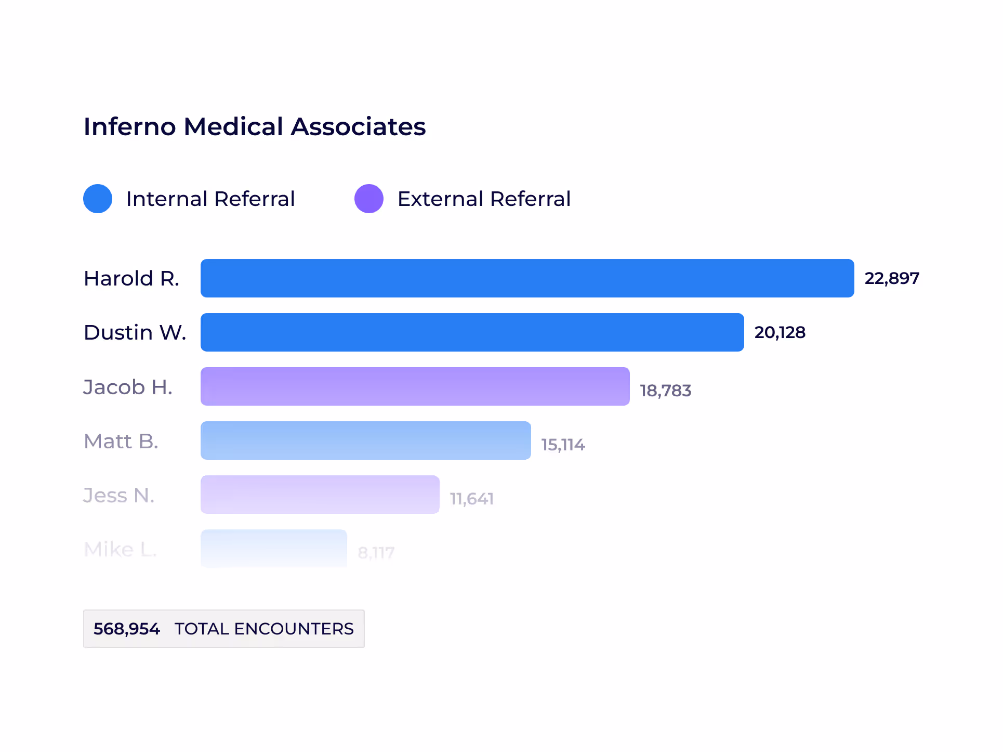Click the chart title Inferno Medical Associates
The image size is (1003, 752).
[255, 127]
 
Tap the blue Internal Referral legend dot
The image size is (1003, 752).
[98, 199]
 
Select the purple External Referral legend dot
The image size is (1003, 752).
[369, 199]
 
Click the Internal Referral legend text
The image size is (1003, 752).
[210, 199]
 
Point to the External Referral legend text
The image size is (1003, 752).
[484, 199]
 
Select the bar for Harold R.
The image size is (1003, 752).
[527, 278]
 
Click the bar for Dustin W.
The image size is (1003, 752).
[472, 332]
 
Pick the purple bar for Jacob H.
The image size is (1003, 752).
[415, 386]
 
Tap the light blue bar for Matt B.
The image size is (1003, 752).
[365, 440]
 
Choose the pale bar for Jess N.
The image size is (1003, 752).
[320, 495]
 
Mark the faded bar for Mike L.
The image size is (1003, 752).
[273, 548]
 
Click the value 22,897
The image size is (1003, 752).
[892, 278]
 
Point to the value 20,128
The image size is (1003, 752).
[780, 332]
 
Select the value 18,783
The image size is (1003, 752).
[665, 391]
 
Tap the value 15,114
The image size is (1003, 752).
[563, 445]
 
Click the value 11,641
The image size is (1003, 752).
[471, 499]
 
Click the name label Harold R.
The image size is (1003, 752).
[131, 279]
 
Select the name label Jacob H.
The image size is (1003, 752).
[128, 387]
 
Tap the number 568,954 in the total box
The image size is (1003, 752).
[127, 629]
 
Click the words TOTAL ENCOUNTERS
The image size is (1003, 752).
[264, 629]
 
